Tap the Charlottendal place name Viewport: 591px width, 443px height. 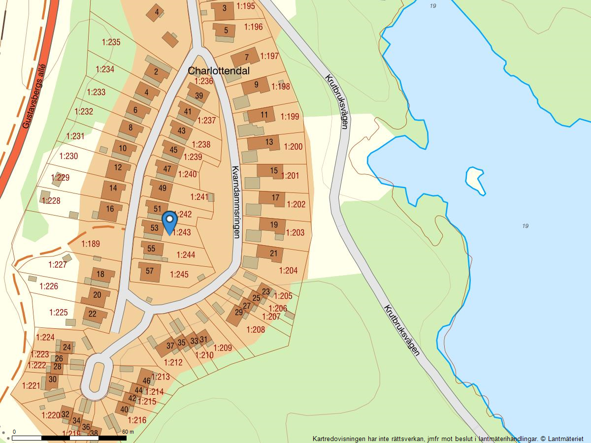pos(219,71)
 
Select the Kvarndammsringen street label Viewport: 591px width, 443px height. pos(235,202)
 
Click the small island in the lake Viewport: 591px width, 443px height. pos(475,180)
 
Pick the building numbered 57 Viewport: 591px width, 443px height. pos(150,271)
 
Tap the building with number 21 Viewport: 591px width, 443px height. pos(274,253)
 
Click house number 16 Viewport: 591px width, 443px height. pos(110,209)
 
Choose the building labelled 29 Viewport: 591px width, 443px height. pos(238,313)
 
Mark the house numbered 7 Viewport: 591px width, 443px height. pos(246,57)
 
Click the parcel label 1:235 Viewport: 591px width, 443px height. pos(111,42)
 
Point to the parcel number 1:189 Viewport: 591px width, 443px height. pos(91,244)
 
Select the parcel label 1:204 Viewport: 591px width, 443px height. pos(288,270)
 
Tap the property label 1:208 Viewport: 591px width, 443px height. pos(256,329)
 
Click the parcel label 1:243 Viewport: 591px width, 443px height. pos(182,232)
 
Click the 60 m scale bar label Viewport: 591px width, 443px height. pos(128,432)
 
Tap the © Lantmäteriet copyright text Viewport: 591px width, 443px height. pos(561,438)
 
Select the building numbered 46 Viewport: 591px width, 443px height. pos(146,380)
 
